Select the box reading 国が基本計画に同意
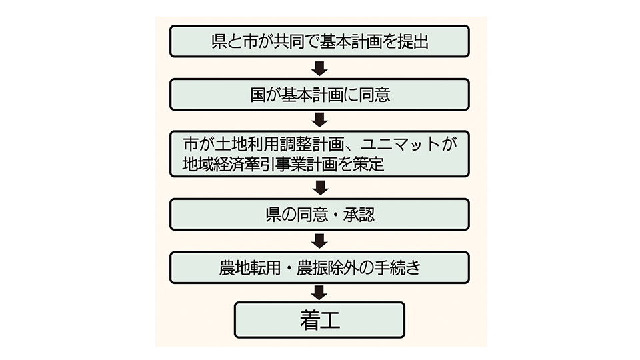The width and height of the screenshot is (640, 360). pyautogui.click(x=319, y=95)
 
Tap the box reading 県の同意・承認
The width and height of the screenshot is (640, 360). pyautogui.click(x=319, y=215)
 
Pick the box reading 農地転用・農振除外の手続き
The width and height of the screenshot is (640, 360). pyautogui.click(x=319, y=267)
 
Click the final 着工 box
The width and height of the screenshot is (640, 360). pyautogui.click(x=319, y=320)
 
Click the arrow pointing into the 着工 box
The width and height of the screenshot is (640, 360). pyautogui.click(x=319, y=293)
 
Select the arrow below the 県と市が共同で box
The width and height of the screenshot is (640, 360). pyautogui.click(x=319, y=68)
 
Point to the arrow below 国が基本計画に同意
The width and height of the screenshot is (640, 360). pyautogui.click(x=319, y=120)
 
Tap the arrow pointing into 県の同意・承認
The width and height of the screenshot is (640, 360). pyautogui.click(x=319, y=188)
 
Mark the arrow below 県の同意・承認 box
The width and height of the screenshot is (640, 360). pyautogui.click(x=319, y=241)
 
